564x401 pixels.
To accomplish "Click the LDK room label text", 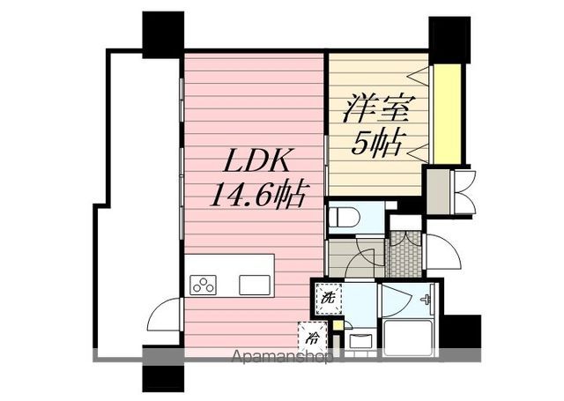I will tap(255, 164).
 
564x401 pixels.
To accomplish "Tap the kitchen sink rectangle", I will tap(255, 285).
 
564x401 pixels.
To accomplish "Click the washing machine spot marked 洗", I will tap(328, 298).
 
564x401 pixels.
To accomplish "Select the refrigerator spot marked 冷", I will tap(312, 337).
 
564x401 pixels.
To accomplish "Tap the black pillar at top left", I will tap(163, 32).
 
